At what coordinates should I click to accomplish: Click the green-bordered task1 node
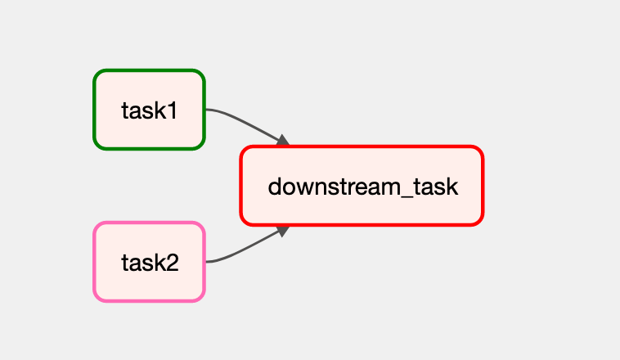[149, 110]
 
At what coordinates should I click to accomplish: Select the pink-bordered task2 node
[149, 262]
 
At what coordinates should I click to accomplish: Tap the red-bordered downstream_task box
[362, 186]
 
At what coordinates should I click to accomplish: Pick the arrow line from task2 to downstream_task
[245, 250]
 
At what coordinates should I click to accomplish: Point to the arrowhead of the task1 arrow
[283, 141]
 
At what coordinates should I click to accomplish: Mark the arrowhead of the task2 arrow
[283, 231]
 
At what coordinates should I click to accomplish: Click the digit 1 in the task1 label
[173, 110]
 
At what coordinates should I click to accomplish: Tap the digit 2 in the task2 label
[172, 263]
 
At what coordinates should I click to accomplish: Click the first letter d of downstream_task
[274, 187]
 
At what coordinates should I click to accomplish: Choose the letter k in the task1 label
[161, 110]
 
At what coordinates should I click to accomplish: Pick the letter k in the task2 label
[160, 262]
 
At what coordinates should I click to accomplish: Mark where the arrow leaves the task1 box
[206, 109]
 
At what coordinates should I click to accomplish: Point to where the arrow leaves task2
[206, 262]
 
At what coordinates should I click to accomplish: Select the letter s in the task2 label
[150, 264]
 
